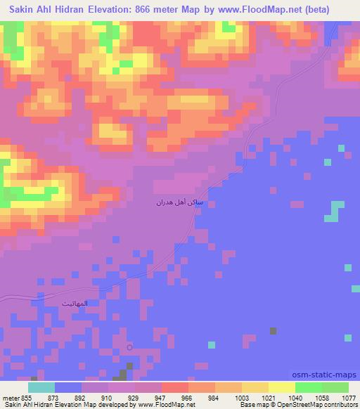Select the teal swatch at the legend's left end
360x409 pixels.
click(x=41, y=387)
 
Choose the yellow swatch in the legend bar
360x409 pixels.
click(x=281, y=387)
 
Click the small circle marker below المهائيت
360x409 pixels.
click(x=129, y=346)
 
